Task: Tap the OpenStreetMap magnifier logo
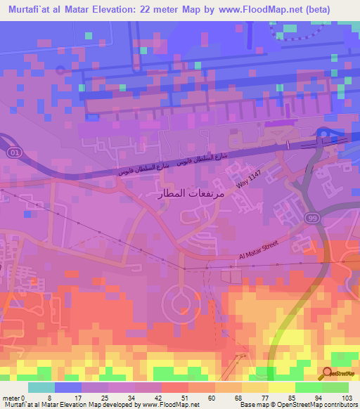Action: click(328, 373)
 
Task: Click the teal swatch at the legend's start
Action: click(41, 387)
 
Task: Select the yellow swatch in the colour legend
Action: click(282, 387)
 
